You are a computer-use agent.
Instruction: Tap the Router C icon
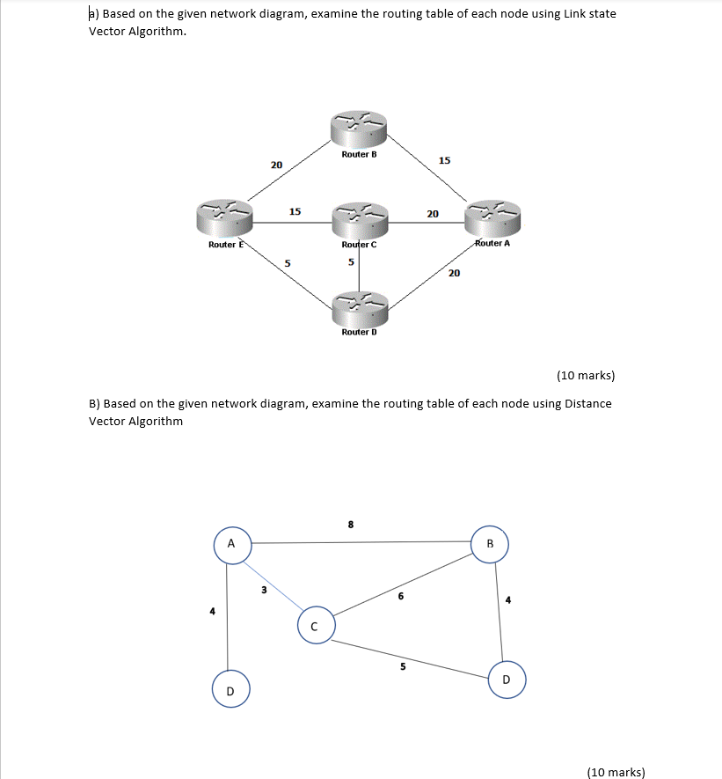(x=359, y=218)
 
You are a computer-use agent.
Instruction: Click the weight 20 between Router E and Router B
(x=276, y=165)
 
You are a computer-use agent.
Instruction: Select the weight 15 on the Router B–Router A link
(x=444, y=160)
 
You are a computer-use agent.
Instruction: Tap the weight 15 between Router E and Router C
(x=295, y=211)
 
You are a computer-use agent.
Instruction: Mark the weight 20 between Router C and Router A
(x=433, y=213)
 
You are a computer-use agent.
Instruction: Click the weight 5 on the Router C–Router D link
(x=350, y=261)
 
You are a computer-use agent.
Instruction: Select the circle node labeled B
(x=491, y=543)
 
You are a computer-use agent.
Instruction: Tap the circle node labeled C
(x=314, y=627)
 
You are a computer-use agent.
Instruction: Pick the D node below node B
(x=506, y=680)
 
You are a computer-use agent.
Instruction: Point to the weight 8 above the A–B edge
(x=350, y=525)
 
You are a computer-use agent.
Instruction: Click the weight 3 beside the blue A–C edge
(x=263, y=590)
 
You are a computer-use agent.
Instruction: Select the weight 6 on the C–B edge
(x=400, y=597)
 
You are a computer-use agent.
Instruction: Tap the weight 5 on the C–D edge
(x=403, y=666)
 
